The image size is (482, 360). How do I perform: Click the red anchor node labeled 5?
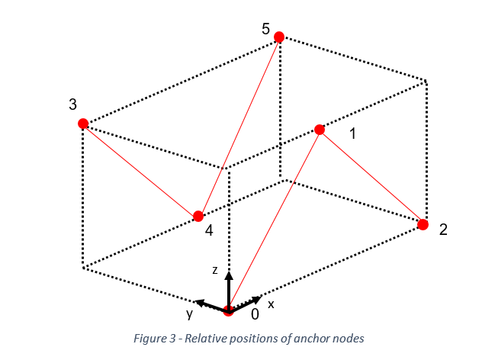pos(279,37)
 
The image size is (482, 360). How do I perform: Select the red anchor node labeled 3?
pos(83,124)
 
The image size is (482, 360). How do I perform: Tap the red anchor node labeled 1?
pos(320,130)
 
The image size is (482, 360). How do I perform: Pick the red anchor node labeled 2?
pos(423,224)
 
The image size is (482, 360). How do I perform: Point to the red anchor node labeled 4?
pos(198,216)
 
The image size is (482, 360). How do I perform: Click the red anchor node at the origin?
pos(228,310)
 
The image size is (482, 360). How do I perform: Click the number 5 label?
pos(265,29)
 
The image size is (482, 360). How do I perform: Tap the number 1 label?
pos(352,134)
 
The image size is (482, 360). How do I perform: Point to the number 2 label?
pos(443,230)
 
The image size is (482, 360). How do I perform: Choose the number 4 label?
pos(208,231)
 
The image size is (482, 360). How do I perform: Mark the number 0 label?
pos(255,313)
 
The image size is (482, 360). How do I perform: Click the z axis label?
pos(216,271)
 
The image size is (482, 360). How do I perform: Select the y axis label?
pos(188,313)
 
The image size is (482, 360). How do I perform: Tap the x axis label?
pos(271,304)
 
